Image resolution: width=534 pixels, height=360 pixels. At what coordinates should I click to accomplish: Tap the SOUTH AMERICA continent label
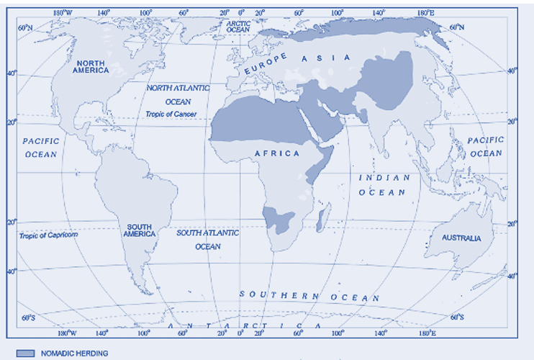(138, 230)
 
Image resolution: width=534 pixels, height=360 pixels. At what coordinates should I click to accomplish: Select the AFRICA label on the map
(276, 154)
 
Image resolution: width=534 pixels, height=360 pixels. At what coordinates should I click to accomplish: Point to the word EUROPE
(266, 63)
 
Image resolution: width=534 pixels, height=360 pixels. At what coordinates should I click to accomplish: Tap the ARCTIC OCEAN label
(237, 27)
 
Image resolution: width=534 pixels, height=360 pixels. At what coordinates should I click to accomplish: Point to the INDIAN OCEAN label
(384, 184)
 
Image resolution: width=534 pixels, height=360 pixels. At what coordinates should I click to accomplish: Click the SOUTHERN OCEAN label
(309, 297)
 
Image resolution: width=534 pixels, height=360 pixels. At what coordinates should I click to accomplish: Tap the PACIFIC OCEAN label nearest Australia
(486, 147)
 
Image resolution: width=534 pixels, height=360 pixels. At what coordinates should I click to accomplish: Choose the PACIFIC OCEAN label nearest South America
(40, 148)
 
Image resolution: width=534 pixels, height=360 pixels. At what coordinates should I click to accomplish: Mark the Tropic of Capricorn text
(48, 235)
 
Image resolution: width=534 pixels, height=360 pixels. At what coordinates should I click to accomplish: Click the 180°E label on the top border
(426, 12)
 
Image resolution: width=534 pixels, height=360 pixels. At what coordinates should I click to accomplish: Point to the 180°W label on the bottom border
(66, 333)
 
